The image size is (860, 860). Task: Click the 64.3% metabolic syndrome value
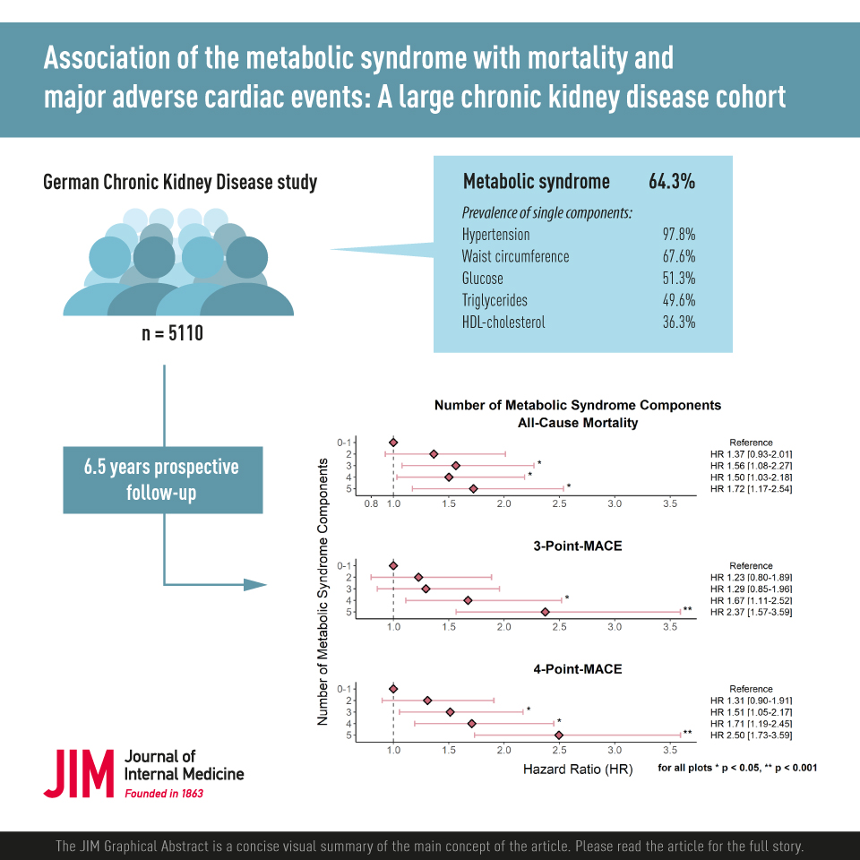coord(672,182)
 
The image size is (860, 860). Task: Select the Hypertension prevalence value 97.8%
coord(678,235)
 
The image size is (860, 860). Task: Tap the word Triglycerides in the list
coord(494,300)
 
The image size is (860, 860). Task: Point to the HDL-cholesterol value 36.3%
coord(678,322)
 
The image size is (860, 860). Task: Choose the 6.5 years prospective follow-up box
coord(162,479)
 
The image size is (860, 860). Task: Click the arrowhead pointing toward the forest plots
coord(256,585)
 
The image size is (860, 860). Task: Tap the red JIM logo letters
coord(79,773)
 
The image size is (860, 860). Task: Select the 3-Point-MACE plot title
coord(577,546)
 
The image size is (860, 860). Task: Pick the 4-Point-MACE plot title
coord(577,668)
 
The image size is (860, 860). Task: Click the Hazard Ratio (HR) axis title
coord(577,770)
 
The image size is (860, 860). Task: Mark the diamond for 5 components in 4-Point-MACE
coord(559,735)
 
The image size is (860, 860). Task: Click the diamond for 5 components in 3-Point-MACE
coord(545,613)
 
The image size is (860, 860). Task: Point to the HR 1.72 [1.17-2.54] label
coord(751,488)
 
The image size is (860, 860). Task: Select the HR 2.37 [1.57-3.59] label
coord(751,613)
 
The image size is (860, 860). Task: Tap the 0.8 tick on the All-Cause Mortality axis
coord(372,505)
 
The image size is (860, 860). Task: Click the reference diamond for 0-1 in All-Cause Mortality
coord(393,442)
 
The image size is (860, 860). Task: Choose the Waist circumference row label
coord(515,256)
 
